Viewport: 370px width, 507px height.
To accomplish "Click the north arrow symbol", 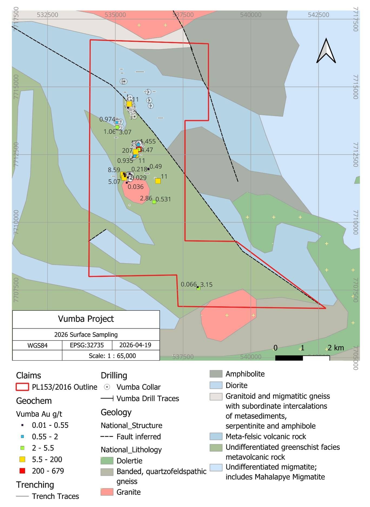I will coord(326,51).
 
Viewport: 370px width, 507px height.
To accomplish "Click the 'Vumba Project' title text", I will coord(86,319).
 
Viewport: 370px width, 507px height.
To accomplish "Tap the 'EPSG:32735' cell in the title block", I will coord(87,345).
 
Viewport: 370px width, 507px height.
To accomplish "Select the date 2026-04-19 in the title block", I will coord(135,345).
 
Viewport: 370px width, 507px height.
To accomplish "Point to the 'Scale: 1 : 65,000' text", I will coord(112,356).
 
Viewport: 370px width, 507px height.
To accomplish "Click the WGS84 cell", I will coord(37,345).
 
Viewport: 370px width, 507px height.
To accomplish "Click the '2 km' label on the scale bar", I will coord(336,348).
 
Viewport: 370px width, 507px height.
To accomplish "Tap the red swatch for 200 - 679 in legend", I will coord(22,471).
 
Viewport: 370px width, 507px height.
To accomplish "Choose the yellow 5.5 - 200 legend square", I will coord(22,459).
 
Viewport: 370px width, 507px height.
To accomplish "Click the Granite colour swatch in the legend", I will coord(107,492).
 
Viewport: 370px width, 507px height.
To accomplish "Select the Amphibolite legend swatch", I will coord(216,374).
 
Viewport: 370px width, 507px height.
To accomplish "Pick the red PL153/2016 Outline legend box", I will coord(22,387).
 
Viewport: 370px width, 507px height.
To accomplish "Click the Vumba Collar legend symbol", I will coord(107,387).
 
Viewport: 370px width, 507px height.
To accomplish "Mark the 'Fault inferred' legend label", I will coord(138,436).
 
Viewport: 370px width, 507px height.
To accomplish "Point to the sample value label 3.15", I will coord(206,285).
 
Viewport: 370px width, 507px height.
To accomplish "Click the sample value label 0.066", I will coord(189,284).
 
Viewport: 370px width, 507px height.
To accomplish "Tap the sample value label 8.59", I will coord(114,170).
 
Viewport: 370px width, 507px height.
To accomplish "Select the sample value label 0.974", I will coord(107,119).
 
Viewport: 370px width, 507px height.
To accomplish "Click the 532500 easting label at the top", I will coord(48,15).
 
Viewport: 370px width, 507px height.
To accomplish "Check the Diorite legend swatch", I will coord(216,385).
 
